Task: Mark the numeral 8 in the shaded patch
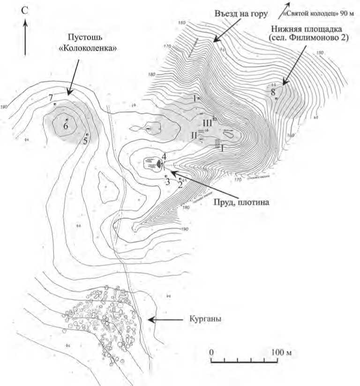point(273,91)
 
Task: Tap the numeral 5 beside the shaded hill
point(85,140)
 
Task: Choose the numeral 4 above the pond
point(164,156)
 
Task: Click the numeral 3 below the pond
point(167,182)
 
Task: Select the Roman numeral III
point(208,122)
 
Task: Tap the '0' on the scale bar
point(211,351)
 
